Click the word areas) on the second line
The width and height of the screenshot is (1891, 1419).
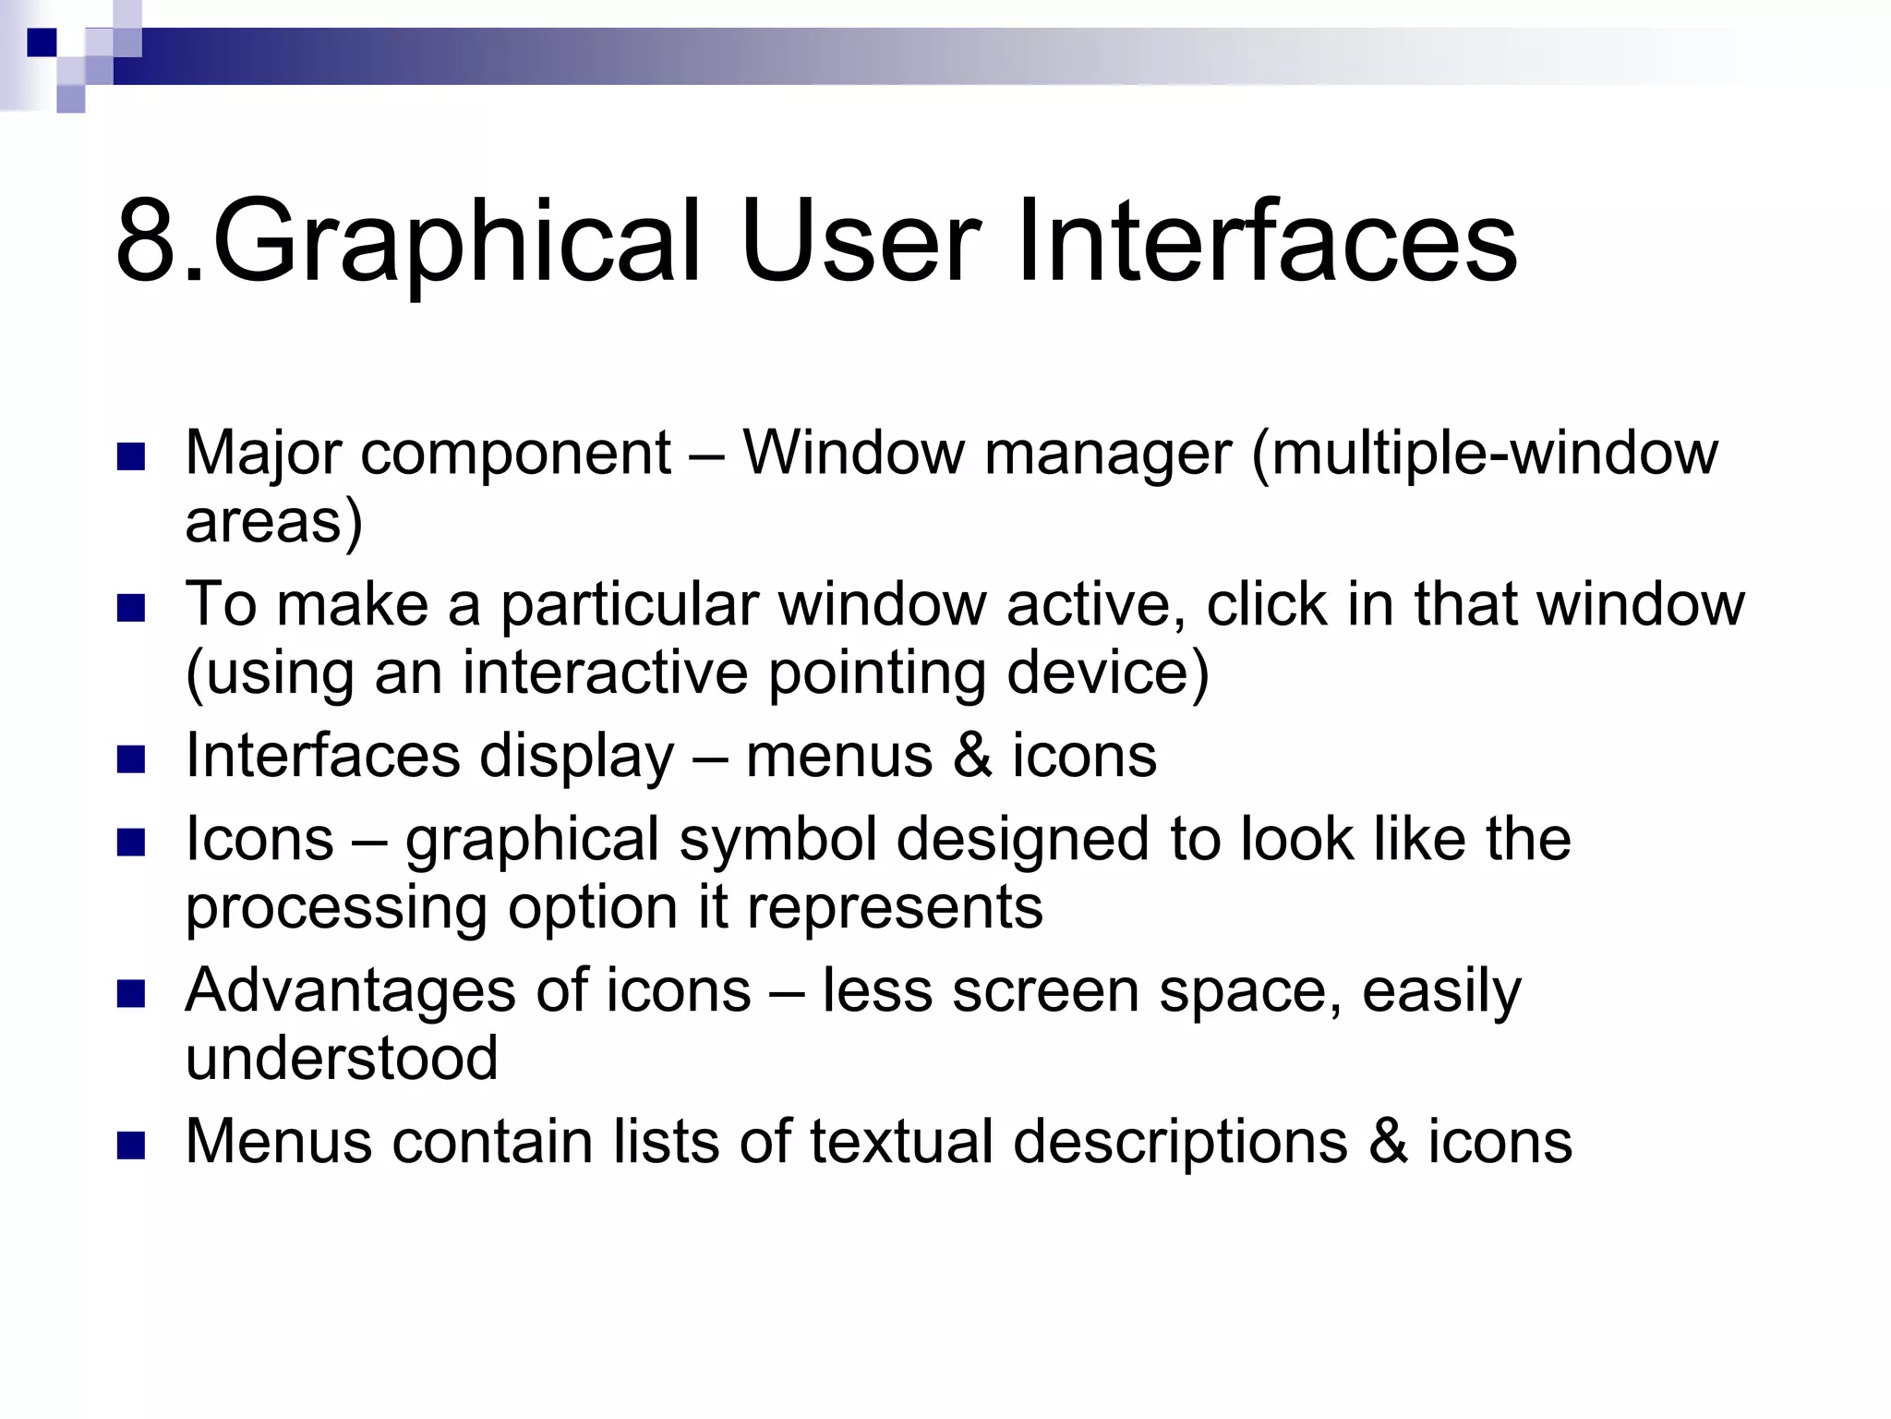[274, 521]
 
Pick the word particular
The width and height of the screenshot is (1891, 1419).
[629, 604]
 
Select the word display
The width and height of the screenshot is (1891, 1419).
[577, 757]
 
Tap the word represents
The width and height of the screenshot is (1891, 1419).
[895, 907]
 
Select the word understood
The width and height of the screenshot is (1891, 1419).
[342, 1058]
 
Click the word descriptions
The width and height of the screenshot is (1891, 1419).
[1180, 1143]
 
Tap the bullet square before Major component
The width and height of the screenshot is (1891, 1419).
[132, 457]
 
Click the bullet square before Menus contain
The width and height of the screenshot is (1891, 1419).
[132, 1146]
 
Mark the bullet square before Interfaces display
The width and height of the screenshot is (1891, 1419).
[132, 759]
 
